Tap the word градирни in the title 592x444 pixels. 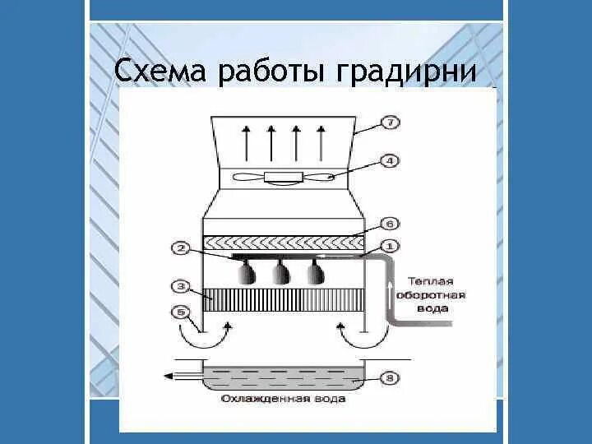406,72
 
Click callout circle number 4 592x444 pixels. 390,161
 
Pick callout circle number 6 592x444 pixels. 390,224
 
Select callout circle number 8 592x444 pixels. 390,379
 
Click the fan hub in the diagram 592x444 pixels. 282,177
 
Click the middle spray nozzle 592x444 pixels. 282,273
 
